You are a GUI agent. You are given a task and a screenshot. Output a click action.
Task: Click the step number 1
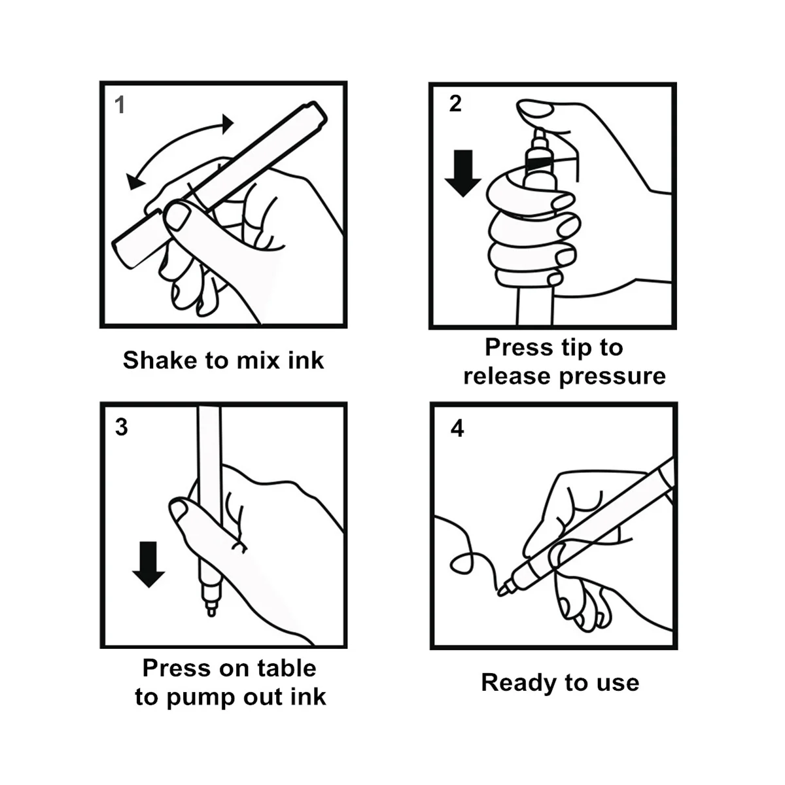(x=120, y=105)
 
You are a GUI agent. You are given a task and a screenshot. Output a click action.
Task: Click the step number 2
(x=455, y=103)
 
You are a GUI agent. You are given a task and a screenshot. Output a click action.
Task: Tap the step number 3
(x=122, y=427)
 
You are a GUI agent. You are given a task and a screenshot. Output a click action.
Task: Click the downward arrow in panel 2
(x=462, y=173)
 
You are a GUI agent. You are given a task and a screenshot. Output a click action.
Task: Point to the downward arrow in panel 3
(x=148, y=564)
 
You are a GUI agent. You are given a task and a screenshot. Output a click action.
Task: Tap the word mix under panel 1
(x=258, y=360)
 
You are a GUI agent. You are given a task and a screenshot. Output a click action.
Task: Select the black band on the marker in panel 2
(x=539, y=164)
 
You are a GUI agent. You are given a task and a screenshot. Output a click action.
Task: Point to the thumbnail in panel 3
(x=178, y=511)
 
